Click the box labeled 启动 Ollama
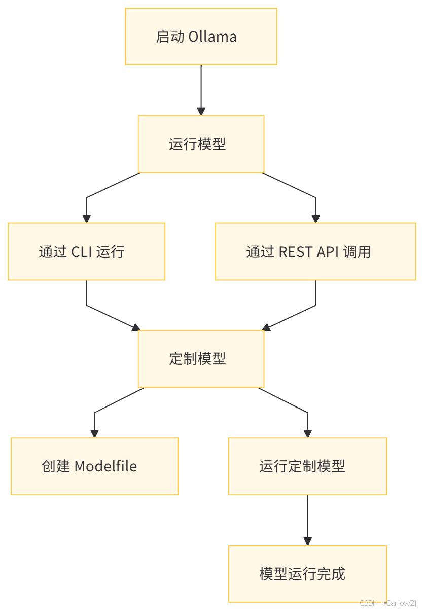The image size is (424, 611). pos(201,37)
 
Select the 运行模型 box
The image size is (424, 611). pos(201,144)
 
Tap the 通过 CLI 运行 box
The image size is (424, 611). pos(86,251)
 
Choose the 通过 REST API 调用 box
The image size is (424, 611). pos(315,251)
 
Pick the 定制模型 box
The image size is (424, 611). pos(201,359)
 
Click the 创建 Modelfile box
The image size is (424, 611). pos(94,466)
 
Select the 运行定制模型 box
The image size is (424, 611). pos(307,466)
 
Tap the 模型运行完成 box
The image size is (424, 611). pos(307,574)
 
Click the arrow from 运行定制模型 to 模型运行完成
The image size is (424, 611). pos(307,520)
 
